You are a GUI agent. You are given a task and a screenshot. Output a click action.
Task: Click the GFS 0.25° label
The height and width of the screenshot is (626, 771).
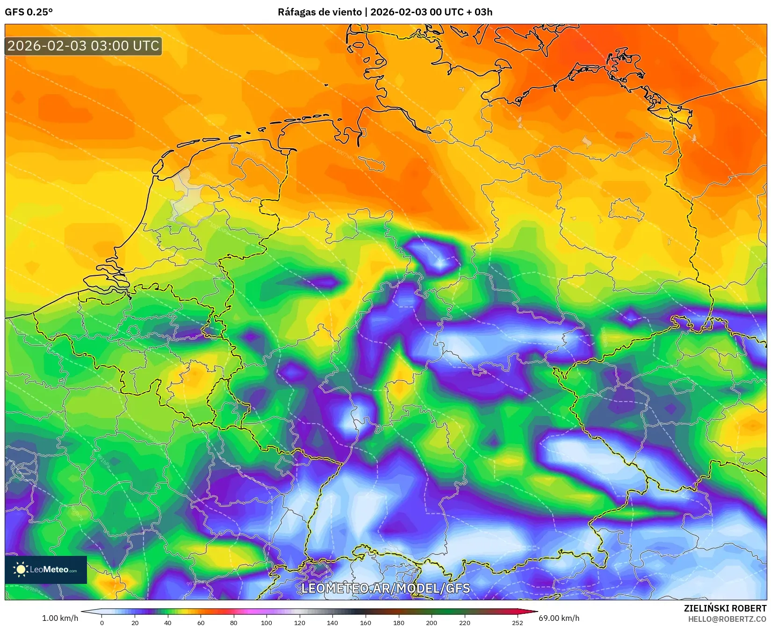click(29, 12)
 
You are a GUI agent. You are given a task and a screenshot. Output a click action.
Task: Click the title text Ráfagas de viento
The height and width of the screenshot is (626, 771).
click(319, 12)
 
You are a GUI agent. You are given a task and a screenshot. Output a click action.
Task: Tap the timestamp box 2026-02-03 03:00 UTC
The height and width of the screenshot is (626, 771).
click(83, 46)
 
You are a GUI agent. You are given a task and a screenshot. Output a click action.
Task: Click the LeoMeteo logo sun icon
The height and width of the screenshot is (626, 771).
click(21, 569)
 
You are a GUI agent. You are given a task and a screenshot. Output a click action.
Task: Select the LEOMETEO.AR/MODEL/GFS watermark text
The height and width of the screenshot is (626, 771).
click(385, 588)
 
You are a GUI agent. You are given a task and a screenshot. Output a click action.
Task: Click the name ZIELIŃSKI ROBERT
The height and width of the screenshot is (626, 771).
click(725, 608)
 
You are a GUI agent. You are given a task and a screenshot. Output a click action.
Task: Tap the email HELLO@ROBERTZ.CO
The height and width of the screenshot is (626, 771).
click(727, 619)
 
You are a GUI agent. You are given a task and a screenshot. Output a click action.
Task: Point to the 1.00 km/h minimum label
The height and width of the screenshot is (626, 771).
click(60, 618)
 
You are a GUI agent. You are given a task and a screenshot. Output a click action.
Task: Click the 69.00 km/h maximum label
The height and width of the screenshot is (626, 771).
click(559, 618)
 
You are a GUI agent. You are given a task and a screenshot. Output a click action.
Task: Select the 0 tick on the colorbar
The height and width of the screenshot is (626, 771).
click(102, 622)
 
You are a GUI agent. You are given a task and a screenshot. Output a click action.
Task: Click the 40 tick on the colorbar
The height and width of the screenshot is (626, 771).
click(168, 622)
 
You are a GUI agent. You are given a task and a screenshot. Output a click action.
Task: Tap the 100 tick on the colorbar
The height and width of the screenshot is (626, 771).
click(267, 622)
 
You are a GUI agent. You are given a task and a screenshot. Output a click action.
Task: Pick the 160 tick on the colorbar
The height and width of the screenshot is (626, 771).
click(366, 622)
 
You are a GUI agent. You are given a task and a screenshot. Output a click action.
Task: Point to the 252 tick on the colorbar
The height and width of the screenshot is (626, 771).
click(517, 622)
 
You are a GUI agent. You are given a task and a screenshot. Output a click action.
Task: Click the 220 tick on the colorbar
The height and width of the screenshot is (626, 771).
click(464, 622)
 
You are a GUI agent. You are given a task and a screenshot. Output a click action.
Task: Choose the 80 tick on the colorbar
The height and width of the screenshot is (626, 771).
click(234, 622)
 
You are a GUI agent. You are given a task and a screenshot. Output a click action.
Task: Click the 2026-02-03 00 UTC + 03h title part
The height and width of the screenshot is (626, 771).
click(431, 12)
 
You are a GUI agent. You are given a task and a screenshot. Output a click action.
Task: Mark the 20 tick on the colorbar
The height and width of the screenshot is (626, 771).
click(135, 622)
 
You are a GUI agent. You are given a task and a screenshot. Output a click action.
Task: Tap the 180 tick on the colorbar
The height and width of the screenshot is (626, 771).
click(398, 622)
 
